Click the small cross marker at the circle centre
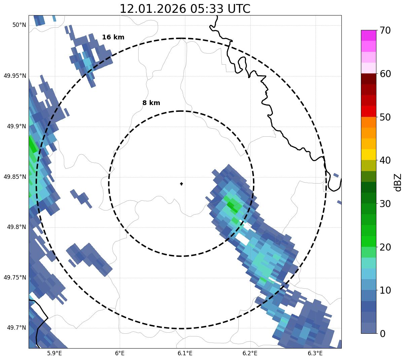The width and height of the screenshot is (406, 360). click(x=181, y=184)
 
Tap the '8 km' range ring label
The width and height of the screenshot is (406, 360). click(x=151, y=103)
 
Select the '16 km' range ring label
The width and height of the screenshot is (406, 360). click(x=113, y=37)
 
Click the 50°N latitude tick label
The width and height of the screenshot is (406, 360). click(x=19, y=25)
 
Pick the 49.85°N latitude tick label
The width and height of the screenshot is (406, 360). click(x=15, y=177)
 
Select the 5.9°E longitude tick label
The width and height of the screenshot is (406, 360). click(x=54, y=353)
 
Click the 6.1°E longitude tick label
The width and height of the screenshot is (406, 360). click(x=185, y=353)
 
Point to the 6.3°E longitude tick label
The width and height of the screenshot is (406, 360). click(x=315, y=353)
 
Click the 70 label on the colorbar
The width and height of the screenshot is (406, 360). click(x=385, y=31)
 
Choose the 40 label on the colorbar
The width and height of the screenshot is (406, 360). click(x=385, y=160)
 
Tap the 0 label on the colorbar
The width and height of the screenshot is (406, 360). click(x=382, y=334)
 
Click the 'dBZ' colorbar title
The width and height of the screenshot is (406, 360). click(x=398, y=182)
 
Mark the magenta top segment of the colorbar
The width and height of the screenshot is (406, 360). click(x=368, y=35)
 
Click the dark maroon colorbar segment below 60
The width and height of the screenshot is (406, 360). click(x=368, y=79)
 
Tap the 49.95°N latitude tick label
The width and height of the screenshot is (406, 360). click(x=15, y=76)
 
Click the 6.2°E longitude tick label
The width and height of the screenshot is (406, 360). click(x=250, y=353)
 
